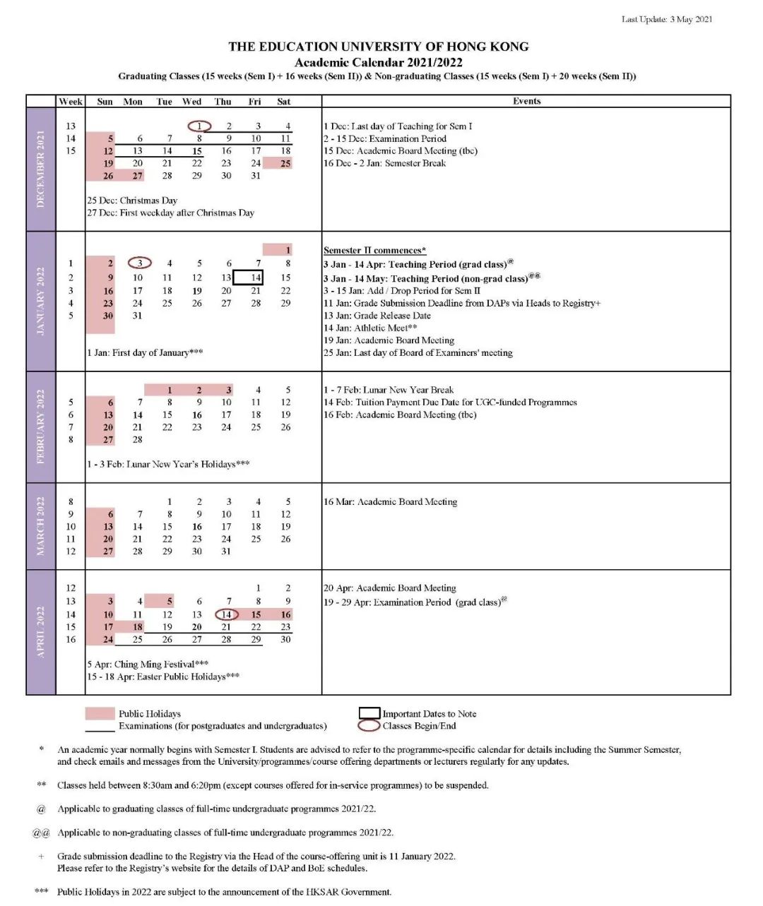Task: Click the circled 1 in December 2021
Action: point(200,126)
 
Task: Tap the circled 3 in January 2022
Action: point(140,263)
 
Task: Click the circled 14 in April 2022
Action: point(227,614)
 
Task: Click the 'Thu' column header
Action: point(223,102)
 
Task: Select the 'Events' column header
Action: point(526,101)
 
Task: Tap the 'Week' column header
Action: point(71,102)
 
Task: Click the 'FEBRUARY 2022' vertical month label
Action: point(41,427)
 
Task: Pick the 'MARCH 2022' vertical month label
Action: point(41,526)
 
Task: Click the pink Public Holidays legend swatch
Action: point(100,713)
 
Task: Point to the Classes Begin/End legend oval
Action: point(369,725)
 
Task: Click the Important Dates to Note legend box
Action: point(369,713)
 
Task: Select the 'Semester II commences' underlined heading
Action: point(374,250)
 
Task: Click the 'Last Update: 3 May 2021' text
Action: point(666,19)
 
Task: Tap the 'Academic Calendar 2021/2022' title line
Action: point(379,62)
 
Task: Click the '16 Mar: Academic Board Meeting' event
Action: point(390,502)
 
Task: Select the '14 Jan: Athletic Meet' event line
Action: point(370,328)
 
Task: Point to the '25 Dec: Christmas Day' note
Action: point(132,201)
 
